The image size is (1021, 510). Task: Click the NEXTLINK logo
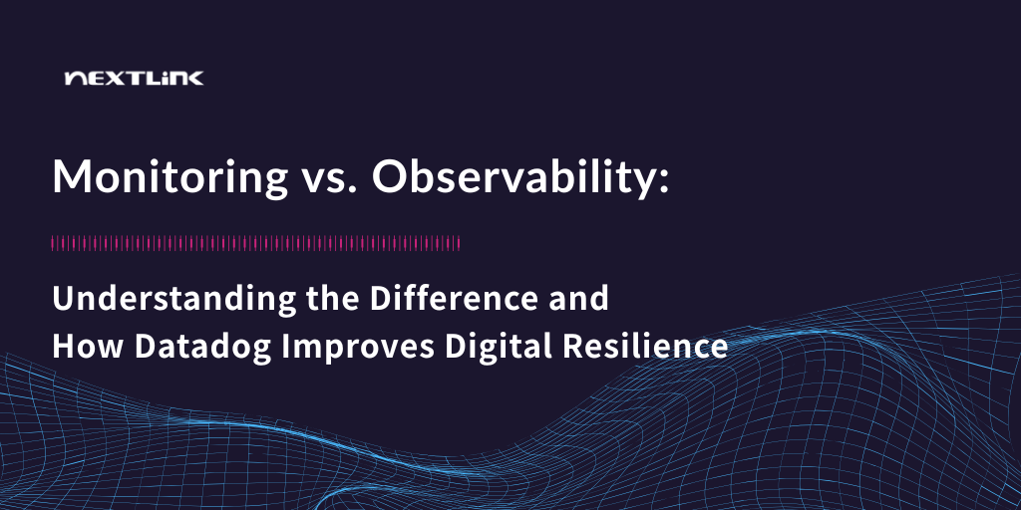[x=135, y=79]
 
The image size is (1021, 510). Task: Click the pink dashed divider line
[x=256, y=244]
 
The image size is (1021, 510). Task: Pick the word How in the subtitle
[x=89, y=347]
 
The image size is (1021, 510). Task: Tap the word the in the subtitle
[x=332, y=298]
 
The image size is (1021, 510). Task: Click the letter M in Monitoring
[x=71, y=177]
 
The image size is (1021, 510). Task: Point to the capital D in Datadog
[x=147, y=347]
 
